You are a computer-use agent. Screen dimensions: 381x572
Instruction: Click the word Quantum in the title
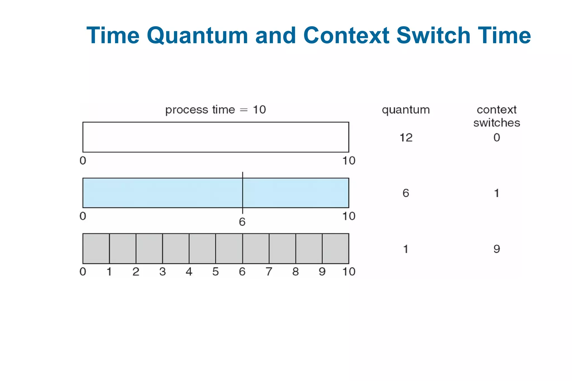point(197,36)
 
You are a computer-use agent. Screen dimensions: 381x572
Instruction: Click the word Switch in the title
point(433,36)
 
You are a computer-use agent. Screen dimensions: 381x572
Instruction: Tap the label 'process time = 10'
point(215,110)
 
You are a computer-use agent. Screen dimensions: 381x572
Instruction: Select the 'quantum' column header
point(406,110)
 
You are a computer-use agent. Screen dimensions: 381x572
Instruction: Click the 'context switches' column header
point(496,116)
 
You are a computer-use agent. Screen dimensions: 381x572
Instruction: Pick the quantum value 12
point(406,138)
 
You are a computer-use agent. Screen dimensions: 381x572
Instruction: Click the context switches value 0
point(496,137)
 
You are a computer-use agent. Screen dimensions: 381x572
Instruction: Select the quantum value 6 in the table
point(406,193)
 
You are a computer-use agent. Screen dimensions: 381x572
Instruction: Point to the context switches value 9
point(496,249)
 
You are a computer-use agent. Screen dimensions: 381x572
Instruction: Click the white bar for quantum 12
point(215,137)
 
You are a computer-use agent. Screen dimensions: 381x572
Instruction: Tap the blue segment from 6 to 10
point(295,193)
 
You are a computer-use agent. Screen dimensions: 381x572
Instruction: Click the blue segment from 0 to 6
point(163,193)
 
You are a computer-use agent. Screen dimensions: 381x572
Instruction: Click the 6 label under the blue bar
point(242,222)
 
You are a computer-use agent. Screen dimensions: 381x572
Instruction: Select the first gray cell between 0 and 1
point(96,248)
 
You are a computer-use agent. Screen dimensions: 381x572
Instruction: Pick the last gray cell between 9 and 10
point(335,248)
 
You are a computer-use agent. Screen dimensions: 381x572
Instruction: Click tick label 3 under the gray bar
point(163,272)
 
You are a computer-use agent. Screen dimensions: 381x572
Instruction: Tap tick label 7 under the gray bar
point(269,272)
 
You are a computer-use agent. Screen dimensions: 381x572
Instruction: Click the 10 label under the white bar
point(349,161)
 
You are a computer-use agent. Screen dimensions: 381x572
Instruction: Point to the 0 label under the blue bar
point(83,216)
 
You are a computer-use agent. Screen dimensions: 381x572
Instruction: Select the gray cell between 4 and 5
point(202,248)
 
